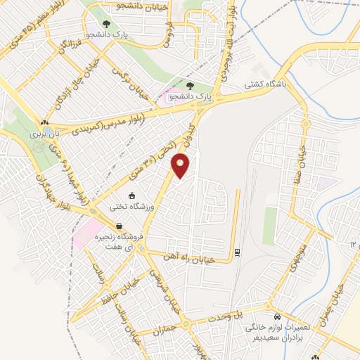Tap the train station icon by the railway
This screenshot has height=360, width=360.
click(x=237, y=252)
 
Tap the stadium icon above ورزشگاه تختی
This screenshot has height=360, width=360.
click(x=131, y=195)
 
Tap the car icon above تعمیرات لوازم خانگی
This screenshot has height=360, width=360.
click(x=278, y=317)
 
